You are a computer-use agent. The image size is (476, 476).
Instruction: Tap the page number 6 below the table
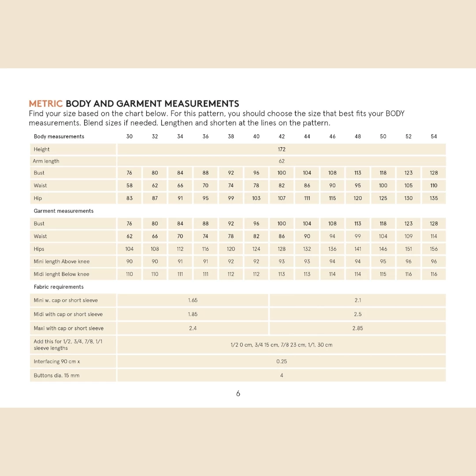pos(238,394)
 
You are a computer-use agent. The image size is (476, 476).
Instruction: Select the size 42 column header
pos(282,137)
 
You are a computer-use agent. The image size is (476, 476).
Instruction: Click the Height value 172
pos(282,149)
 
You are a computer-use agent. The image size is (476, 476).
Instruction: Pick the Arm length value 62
pos(282,161)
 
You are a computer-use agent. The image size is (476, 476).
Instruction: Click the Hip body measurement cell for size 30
pos(130,198)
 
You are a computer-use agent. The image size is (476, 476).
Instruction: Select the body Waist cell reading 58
pos(130,186)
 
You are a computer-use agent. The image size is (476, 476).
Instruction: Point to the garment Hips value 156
pos(434,249)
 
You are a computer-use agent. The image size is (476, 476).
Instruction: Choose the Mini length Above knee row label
pos(62,262)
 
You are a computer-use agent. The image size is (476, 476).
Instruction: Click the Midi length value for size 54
pos(434,274)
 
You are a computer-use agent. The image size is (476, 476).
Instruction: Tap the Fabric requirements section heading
pos(59,287)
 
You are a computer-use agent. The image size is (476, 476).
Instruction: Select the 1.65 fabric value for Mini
pos(193,301)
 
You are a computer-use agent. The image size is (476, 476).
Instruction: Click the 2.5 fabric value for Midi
pos(357,314)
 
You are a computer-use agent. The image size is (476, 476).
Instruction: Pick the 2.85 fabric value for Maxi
pos(357,328)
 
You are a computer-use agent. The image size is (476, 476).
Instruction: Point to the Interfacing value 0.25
pos(282,361)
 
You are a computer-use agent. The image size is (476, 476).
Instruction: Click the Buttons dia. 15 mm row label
pos(57,376)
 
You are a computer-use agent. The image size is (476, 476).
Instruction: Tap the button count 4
pos(282,376)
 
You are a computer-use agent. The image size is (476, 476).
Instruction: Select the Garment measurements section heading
pos(63,211)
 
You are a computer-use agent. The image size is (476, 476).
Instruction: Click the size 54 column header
pos(434,137)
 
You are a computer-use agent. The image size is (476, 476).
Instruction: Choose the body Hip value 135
pos(434,198)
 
